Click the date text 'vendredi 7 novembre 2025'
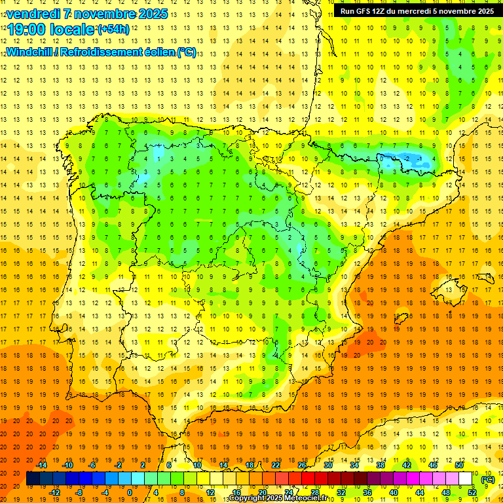click(x=86, y=14)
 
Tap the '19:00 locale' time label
click(x=51, y=29)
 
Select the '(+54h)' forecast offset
click(x=113, y=29)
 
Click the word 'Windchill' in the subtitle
click(x=28, y=52)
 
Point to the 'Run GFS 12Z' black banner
click(x=417, y=11)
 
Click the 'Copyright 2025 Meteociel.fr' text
click(x=282, y=498)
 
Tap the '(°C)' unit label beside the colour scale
click(x=487, y=479)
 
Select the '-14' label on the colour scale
click(x=41, y=465)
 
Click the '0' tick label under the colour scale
click(x=130, y=493)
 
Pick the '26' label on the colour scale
click(x=301, y=465)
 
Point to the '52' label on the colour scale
click(x=472, y=493)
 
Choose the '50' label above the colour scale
click(x=459, y=465)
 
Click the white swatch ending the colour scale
click(x=466, y=479)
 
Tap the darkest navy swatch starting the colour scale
click(x=33, y=479)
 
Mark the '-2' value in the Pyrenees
click(x=407, y=158)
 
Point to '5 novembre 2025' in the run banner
click(x=462, y=11)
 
